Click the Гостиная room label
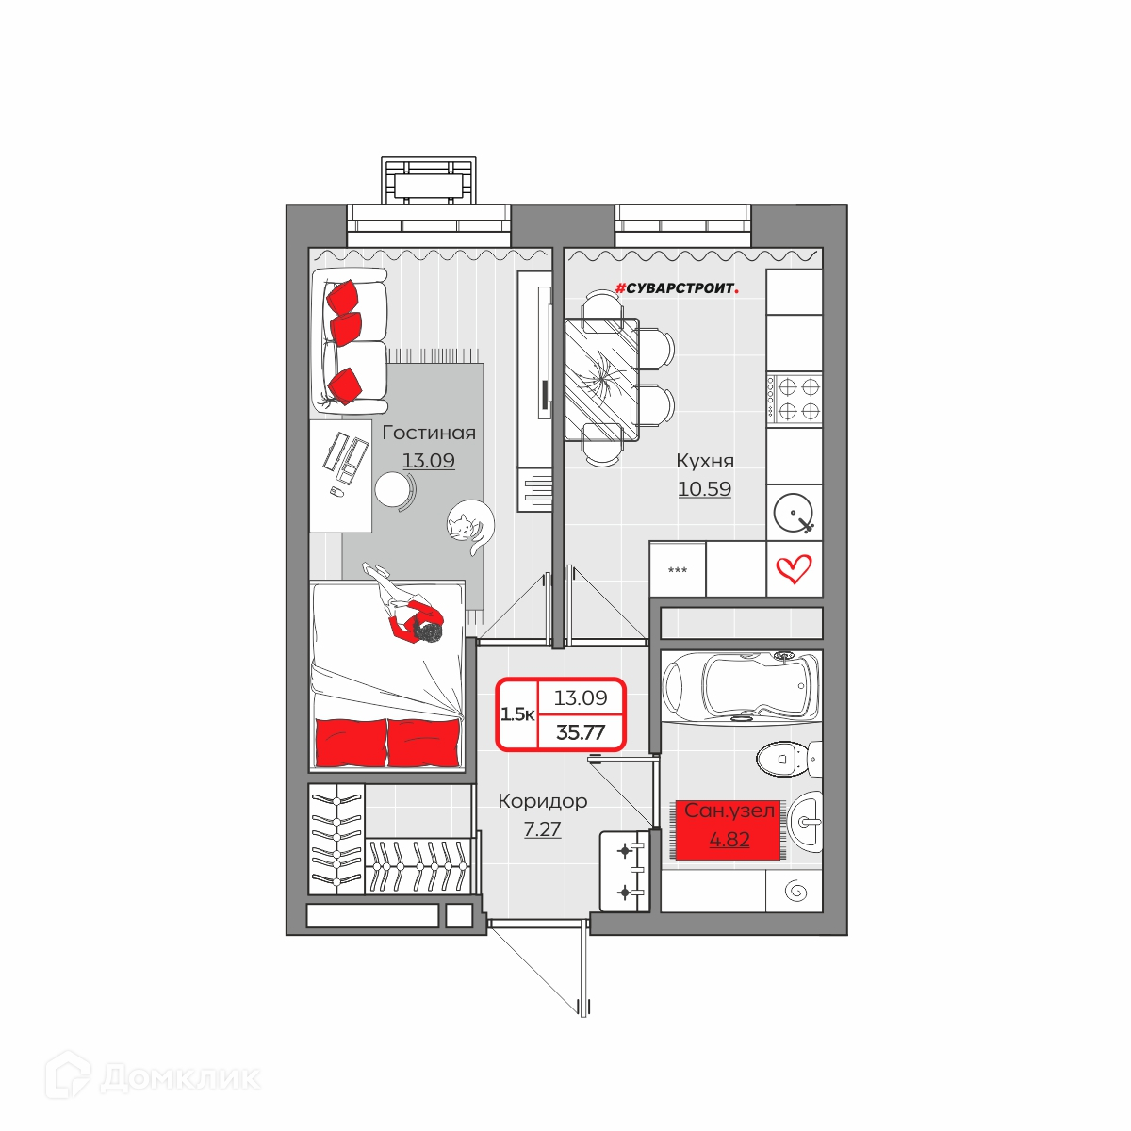(x=429, y=434)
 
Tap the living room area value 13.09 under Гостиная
(x=429, y=461)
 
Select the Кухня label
(x=705, y=461)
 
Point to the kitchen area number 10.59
(x=704, y=488)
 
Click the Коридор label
(x=542, y=801)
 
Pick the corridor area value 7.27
(x=542, y=829)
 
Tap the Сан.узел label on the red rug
(x=729, y=811)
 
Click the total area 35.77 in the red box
(x=581, y=732)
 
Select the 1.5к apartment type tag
(x=517, y=714)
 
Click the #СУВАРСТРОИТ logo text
(x=677, y=288)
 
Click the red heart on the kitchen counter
(x=794, y=568)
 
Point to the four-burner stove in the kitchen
(x=795, y=398)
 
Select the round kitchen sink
(x=795, y=511)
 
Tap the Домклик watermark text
(x=181, y=1077)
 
